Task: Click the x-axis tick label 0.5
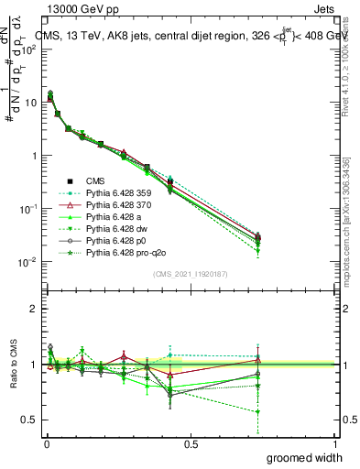coord(190,443)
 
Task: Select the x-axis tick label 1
coord(333,443)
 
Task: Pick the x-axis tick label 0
coord(46,443)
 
